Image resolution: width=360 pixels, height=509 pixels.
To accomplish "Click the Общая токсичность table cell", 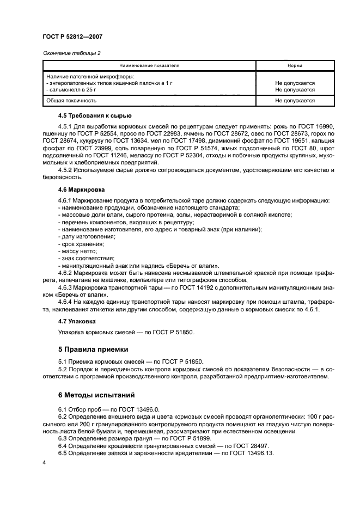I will [71, 101].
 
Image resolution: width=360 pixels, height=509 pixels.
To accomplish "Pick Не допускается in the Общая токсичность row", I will [295, 101].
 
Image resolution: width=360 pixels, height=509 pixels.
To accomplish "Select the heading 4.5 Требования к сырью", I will [94, 115].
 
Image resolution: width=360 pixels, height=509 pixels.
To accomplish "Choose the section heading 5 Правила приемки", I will [93, 348].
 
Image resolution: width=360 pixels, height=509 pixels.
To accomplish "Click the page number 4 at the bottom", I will [45, 462].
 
